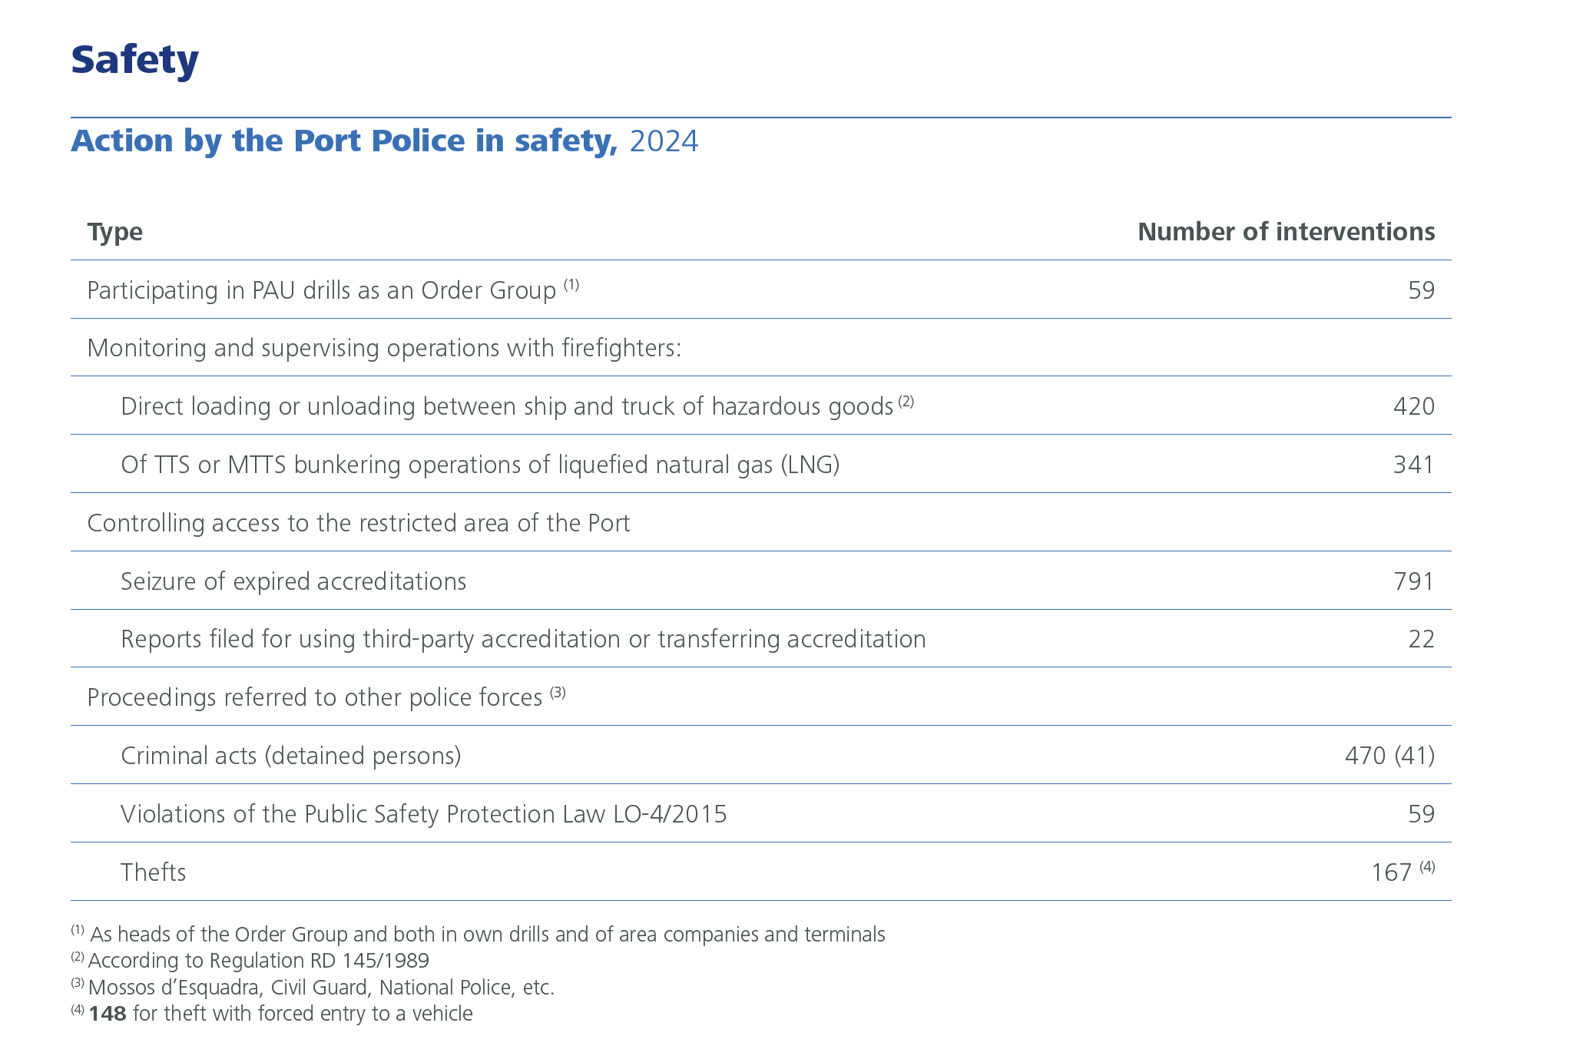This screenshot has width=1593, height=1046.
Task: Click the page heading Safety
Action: (134, 60)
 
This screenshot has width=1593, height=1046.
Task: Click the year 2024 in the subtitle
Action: (664, 141)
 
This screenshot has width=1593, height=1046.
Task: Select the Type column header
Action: (114, 232)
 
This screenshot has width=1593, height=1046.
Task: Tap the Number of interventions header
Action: (1285, 232)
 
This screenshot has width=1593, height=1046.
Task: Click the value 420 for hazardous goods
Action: (1413, 406)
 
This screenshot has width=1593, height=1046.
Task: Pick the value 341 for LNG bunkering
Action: (1413, 465)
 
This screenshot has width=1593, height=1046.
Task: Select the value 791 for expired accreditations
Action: (1413, 581)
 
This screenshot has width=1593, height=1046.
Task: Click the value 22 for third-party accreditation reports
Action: (1421, 639)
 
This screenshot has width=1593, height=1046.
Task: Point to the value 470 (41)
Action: (1389, 756)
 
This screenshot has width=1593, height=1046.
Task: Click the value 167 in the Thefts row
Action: (1391, 872)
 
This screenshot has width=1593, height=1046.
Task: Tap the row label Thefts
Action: (153, 872)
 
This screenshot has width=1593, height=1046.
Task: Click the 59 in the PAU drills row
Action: (1421, 290)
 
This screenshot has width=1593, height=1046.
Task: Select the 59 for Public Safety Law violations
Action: (1421, 814)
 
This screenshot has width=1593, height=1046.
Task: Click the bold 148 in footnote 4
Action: (108, 1014)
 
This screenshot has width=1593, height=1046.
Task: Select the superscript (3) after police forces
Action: (558, 693)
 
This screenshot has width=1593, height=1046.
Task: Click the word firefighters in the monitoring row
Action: (621, 349)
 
